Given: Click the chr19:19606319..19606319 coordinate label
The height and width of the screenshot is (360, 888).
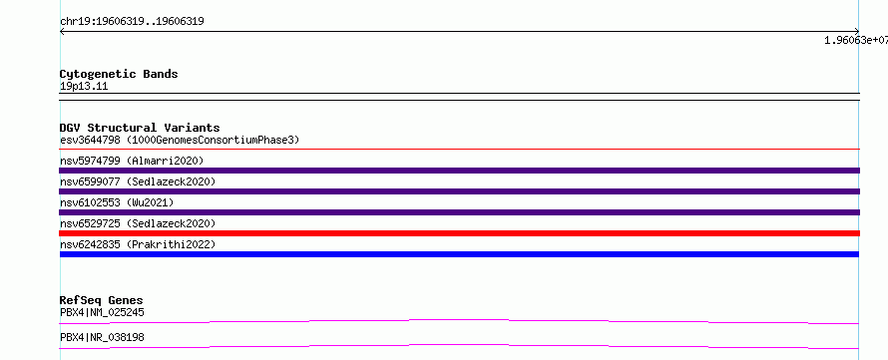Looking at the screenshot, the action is tap(132, 22).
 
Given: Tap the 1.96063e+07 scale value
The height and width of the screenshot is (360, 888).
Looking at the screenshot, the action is tap(856, 40).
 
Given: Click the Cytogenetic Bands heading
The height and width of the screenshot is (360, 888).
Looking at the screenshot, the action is tap(119, 74).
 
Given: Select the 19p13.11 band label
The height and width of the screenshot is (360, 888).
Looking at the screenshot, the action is tap(84, 87).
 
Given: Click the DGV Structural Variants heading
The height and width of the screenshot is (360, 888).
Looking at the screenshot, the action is tap(140, 128).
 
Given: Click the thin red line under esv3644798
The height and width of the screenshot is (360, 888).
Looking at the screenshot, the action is tap(460, 150).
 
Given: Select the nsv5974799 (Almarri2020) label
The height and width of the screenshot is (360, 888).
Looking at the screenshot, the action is tap(132, 161).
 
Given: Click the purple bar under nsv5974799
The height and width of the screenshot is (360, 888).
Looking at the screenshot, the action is tap(460, 171).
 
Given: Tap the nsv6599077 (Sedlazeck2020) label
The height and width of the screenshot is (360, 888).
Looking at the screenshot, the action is tap(138, 181).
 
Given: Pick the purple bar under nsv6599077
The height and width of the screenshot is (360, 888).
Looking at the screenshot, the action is tap(460, 191).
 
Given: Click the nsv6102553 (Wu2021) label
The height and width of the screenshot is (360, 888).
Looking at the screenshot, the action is tap(117, 202).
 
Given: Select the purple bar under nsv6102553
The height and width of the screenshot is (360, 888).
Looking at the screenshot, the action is tap(460, 212).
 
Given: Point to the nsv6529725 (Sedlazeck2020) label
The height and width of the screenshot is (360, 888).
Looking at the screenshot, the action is tap(138, 223).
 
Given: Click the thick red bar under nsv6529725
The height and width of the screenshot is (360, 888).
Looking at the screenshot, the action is tap(460, 233).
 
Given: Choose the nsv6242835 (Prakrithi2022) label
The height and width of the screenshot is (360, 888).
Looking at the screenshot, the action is tap(138, 244).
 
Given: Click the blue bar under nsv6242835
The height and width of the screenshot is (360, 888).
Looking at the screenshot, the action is tap(460, 254).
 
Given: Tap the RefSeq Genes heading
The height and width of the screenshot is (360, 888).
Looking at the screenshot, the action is tap(102, 300).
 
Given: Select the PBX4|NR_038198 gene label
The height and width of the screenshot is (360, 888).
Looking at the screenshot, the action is tap(102, 337).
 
